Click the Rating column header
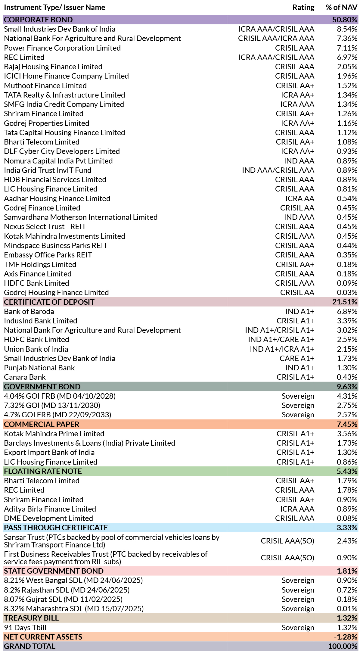point(303,8)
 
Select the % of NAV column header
point(341,8)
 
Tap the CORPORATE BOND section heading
point(38,20)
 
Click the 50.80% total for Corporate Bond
point(345,20)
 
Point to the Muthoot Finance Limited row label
point(45,86)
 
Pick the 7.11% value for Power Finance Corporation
point(347,48)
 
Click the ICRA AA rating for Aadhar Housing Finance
point(300,198)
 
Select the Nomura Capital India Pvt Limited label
point(58,161)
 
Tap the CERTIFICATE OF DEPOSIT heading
point(49,302)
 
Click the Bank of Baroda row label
point(29,311)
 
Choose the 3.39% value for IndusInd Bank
point(347,321)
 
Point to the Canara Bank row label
point(25,377)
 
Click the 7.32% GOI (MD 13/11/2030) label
point(52,405)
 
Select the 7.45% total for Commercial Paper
point(347,424)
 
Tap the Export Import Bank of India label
point(49,452)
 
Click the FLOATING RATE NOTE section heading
point(43,471)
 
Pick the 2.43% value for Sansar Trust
point(347,541)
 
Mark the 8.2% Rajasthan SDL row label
point(67,590)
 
